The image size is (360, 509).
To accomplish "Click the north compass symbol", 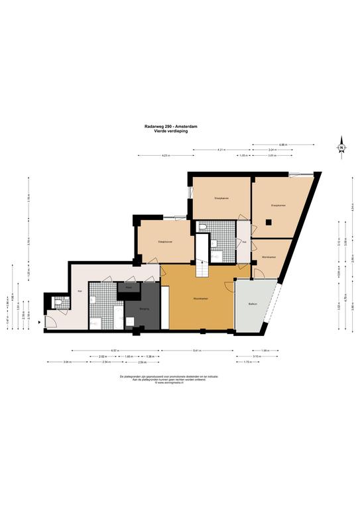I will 341,147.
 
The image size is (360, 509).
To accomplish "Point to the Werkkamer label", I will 269,256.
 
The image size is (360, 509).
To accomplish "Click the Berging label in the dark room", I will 143,309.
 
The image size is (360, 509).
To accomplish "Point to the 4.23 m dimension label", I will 165,156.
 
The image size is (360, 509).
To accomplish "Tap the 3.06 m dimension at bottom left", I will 67,363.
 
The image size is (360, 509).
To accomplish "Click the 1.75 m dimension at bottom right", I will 247,363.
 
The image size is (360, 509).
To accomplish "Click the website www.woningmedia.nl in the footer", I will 170,382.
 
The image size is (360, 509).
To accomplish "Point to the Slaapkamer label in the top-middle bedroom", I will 221,198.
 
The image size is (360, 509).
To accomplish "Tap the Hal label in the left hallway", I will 80,291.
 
